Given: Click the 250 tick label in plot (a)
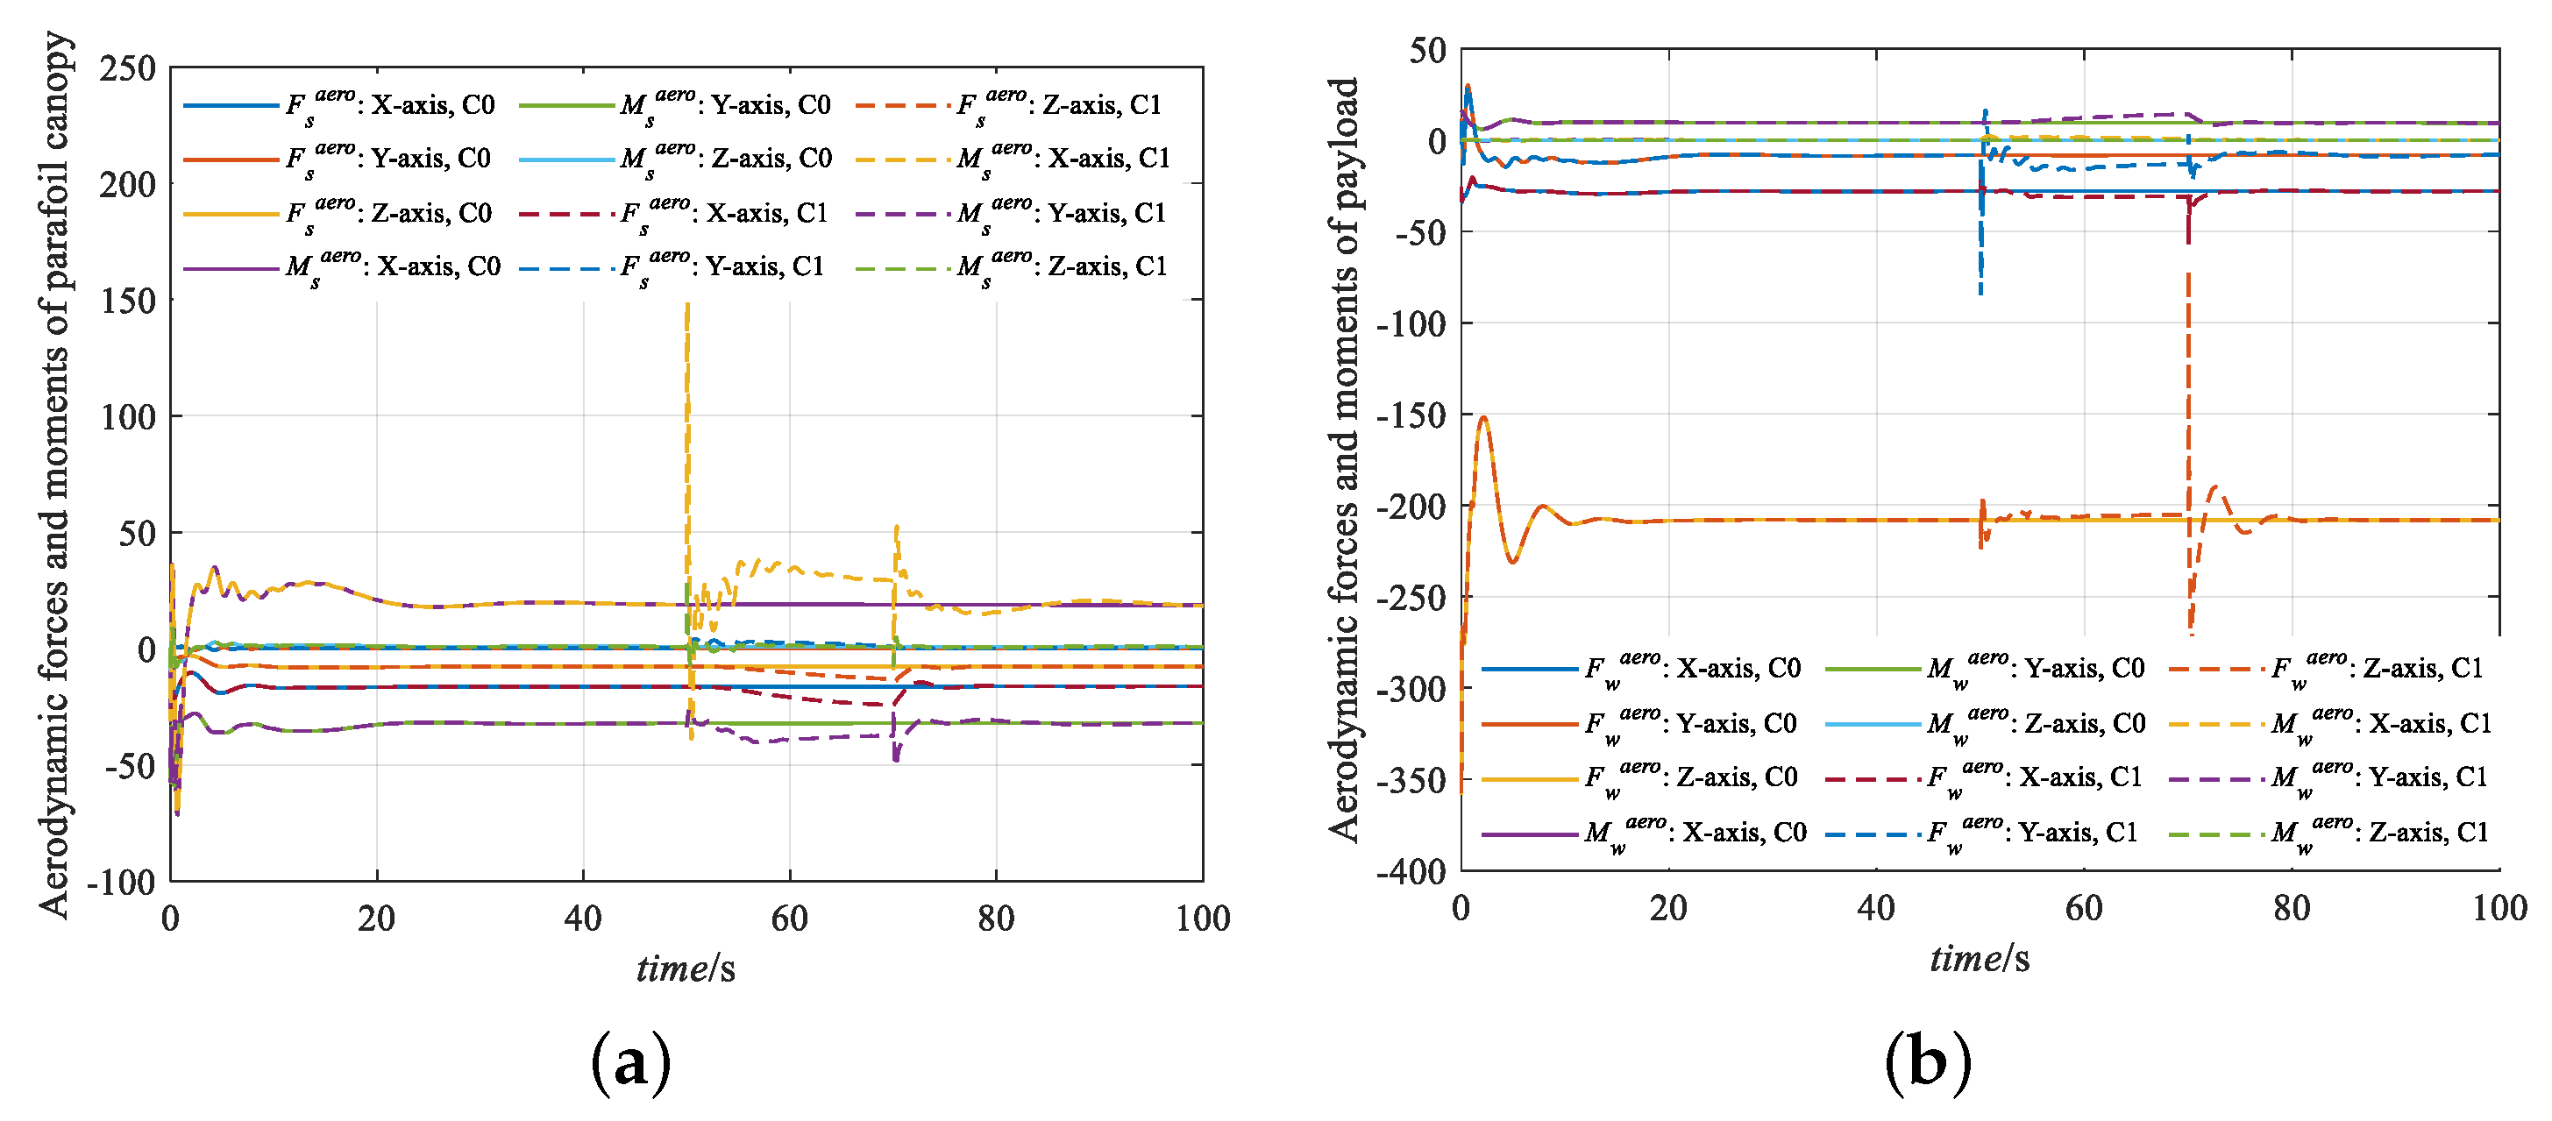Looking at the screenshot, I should pos(127,68).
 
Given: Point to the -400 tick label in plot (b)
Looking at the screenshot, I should pos(1411,871).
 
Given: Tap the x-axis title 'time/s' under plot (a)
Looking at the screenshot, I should pos(686,968).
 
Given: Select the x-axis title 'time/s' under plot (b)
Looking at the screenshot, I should pos(1979,958).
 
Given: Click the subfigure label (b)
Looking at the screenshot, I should pos(1927,1061).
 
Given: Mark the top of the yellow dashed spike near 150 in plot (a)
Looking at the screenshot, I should pos(686,306).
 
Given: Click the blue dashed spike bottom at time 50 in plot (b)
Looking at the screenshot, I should pos(1980,292).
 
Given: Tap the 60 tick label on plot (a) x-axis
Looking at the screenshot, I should pos(789,919).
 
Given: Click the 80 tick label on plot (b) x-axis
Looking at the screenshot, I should pos(2291,908).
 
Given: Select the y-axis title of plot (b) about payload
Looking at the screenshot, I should pos(1344,459).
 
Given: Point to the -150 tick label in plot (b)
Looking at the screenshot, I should pos(1411,414).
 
